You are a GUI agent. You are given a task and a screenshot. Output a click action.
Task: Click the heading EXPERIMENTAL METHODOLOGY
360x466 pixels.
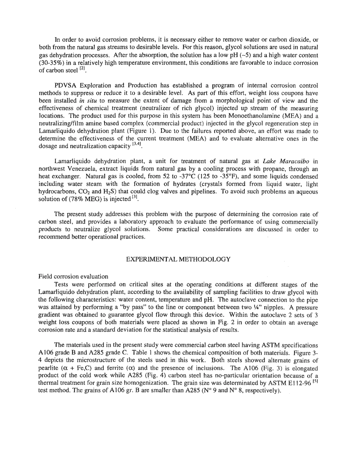pos(178,259)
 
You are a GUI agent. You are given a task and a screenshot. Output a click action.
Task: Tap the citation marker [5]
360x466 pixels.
pos(315,382)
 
